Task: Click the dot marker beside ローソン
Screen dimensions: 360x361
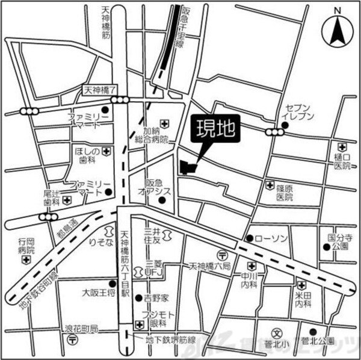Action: coord(249,238)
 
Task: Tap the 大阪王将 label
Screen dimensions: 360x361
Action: coord(97,294)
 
